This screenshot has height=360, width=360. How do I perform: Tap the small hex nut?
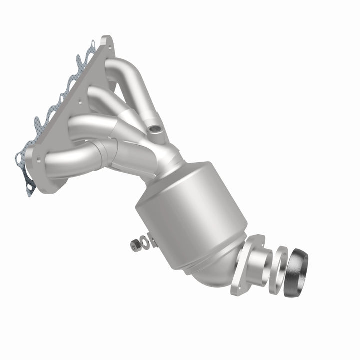pyautogui.click(x=134, y=245)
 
